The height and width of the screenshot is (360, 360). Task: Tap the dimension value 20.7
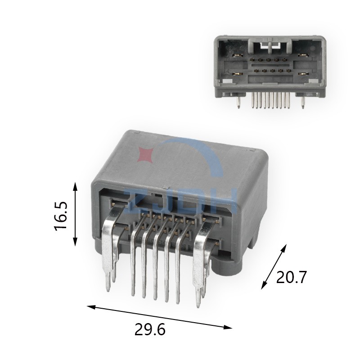[x=291, y=277]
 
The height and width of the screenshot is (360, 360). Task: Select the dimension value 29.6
[x=150, y=329]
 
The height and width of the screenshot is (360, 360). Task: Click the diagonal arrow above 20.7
[x=274, y=266]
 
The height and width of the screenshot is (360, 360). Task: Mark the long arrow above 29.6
[x=159, y=317]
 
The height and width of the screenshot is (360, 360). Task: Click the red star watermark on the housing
[x=145, y=154]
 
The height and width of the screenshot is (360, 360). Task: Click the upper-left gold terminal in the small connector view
[x=238, y=55]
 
